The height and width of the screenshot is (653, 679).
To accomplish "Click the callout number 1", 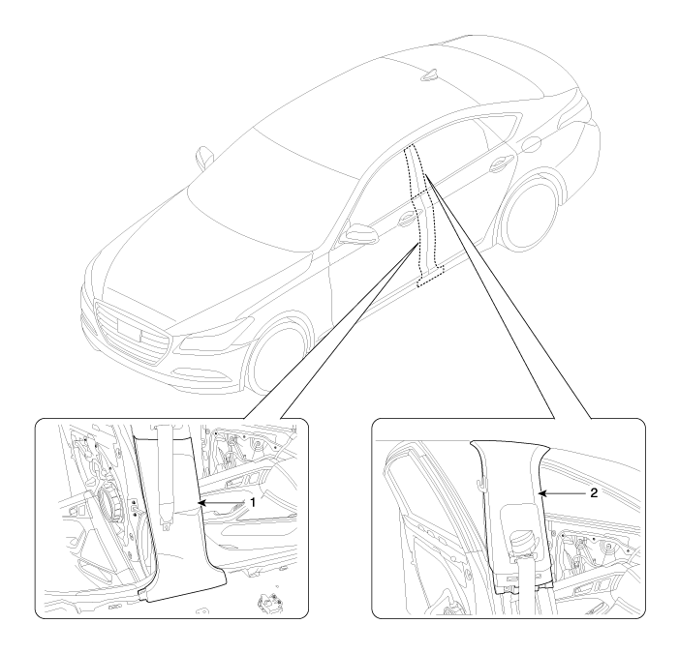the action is [x=253, y=502].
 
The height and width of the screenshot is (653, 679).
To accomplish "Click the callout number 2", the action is [x=594, y=492].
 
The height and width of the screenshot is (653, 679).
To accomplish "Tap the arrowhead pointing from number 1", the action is [x=201, y=503].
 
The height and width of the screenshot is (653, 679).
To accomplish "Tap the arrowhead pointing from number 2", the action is [x=540, y=493].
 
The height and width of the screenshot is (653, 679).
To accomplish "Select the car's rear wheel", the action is [x=528, y=216].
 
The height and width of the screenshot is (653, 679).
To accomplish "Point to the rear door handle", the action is [x=502, y=163].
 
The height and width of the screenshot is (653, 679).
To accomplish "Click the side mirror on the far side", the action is [x=203, y=157].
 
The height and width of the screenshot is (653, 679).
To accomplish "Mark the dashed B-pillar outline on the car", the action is [x=424, y=217].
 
